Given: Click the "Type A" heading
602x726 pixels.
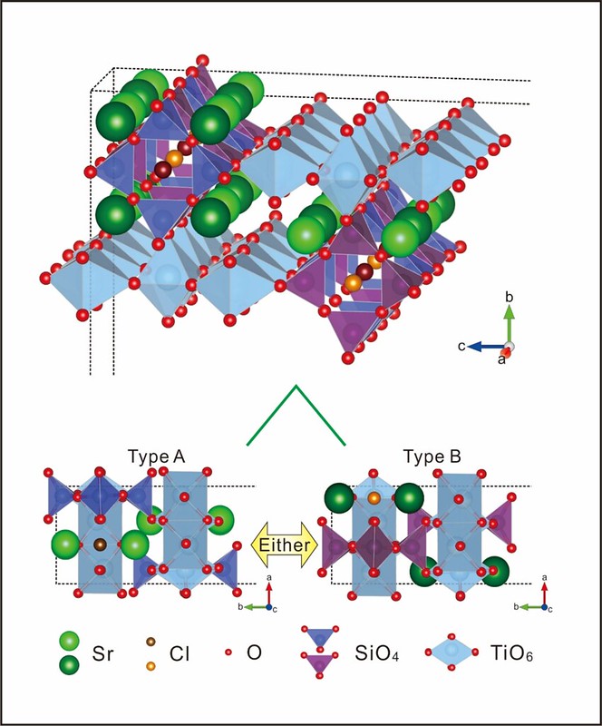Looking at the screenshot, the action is click(x=156, y=456).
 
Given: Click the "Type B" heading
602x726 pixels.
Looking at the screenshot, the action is click(x=432, y=456).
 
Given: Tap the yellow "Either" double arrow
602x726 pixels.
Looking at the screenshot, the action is click(x=285, y=544).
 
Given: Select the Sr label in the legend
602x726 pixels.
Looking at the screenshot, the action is click(x=102, y=653).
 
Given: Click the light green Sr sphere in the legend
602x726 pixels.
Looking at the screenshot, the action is click(x=70, y=641).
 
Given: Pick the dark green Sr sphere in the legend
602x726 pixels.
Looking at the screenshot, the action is click(x=70, y=665).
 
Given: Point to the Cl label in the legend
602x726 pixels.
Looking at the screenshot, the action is click(x=180, y=653).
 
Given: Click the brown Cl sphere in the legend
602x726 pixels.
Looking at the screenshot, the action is click(x=150, y=642).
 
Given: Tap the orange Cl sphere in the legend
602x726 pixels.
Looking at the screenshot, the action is click(x=150, y=666).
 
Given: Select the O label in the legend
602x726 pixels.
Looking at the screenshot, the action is click(x=254, y=652).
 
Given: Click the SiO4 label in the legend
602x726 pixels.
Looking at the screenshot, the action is click(x=376, y=653).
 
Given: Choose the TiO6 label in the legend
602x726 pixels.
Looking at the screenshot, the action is click(x=510, y=653).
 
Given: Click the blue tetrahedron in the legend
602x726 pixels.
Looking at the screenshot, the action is click(x=319, y=637).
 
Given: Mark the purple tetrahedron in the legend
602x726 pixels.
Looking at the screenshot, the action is click(x=319, y=664).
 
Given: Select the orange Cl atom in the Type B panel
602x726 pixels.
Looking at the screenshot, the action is click(x=374, y=498).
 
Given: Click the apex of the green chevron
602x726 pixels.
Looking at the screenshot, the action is click(x=296, y=386).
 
